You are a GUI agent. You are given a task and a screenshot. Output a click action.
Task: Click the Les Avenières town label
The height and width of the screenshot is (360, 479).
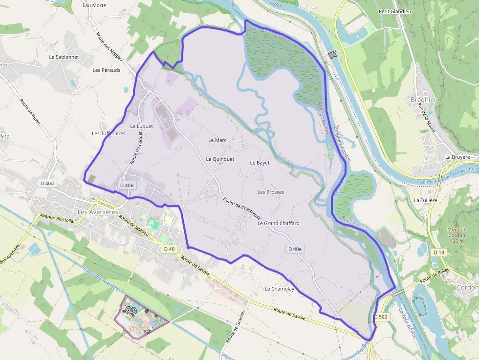(x=98, y=212)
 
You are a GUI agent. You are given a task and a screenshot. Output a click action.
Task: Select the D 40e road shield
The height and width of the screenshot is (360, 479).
(x=295, y=249)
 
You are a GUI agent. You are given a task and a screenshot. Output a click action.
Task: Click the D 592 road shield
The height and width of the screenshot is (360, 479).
(x=382, y=317)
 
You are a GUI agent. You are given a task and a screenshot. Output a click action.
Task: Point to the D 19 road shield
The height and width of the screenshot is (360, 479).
(x=438, y=252)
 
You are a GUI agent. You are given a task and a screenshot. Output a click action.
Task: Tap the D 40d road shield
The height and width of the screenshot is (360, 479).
(x=47, y=183)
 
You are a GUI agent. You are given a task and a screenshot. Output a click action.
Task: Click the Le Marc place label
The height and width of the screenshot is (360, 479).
(x=218, y=140)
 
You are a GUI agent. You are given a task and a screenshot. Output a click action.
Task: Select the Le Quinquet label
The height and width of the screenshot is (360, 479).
(x=220, y=159)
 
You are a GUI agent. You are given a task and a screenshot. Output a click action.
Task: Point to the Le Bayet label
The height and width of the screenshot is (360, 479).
(x=260, y=163)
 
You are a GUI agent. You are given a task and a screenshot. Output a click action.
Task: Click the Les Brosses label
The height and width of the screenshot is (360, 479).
(x=271, y=192)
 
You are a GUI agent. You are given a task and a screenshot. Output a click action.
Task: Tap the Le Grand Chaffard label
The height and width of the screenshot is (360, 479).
(x=278, y=223)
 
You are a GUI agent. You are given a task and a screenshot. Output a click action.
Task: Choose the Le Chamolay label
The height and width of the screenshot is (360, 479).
(x=280, y=289)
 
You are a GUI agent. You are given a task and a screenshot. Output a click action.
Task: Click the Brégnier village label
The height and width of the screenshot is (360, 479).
(x=423, y=100)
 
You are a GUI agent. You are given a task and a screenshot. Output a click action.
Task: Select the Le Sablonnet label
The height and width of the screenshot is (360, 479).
(x=64, y=57)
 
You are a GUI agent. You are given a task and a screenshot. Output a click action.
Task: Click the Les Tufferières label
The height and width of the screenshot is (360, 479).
(x=109, y=133)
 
